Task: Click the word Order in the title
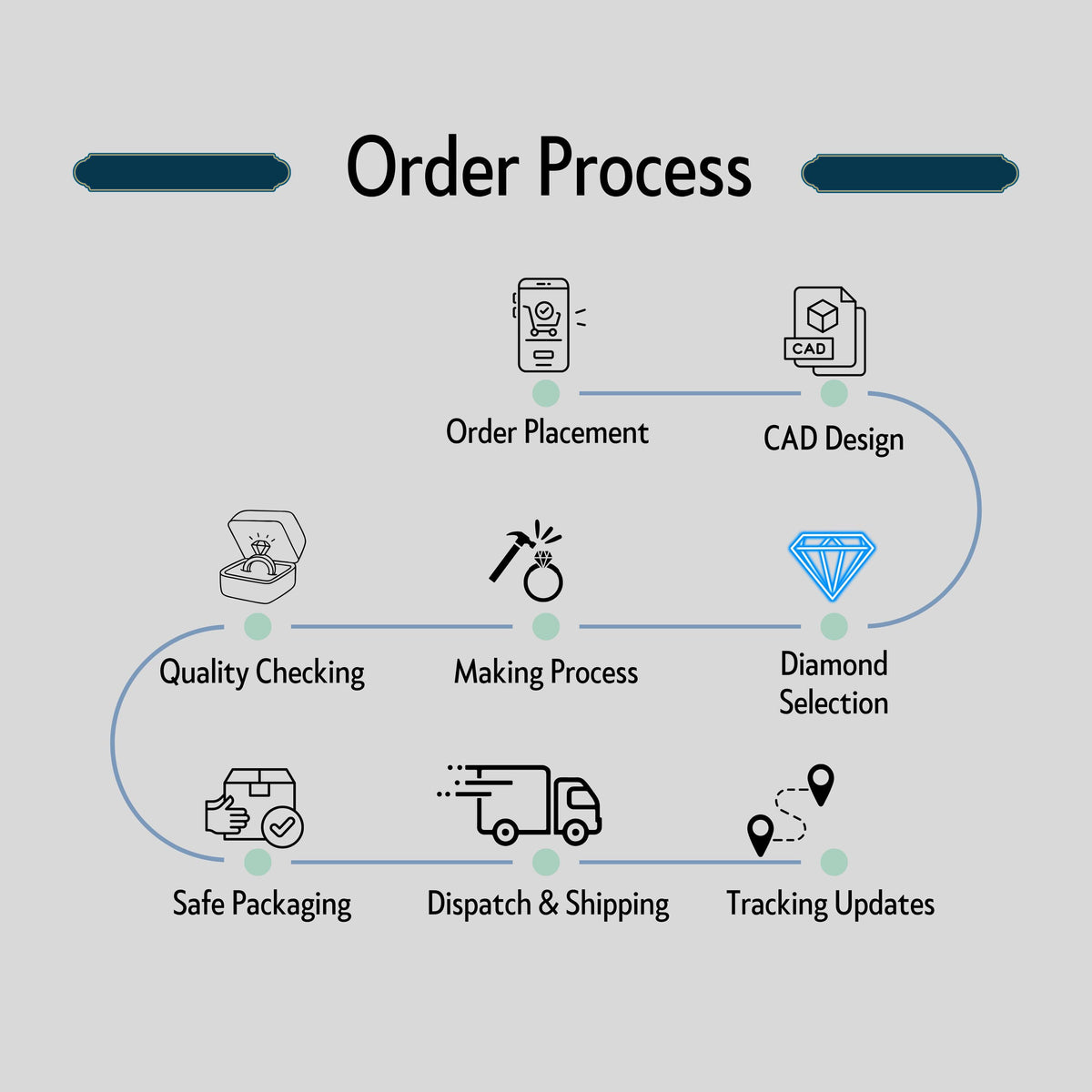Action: [x=432, y=166]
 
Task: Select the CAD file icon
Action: [x=824, y=331]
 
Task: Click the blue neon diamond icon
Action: [x=832, y=565]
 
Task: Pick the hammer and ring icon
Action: [x=527, y=561]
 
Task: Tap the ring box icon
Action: [x=262, y=557]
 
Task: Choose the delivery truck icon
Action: [x=519, y=804]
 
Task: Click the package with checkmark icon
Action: [x=254, y=807]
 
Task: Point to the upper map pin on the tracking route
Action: [x=821, y=784]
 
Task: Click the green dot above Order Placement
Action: [x=546, y=393]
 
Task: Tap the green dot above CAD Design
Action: [x=834, y=393]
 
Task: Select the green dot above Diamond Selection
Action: [x=834, y=627]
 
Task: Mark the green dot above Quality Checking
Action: [x=258, y=627]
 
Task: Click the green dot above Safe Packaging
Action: [x=258, y=863]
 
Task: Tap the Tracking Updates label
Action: [x=830, y=904]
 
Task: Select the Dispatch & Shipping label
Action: [x=548, y=904]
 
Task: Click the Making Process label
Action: [x=546, y=672]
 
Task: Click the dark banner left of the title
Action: [x=182, y=172]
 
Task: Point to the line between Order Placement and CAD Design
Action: [x=690, y=393]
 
